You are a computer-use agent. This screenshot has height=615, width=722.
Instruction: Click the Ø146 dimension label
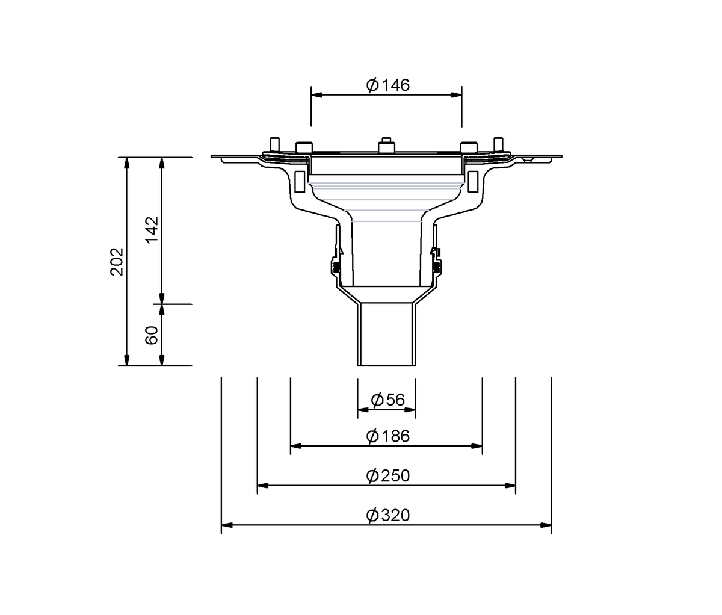pos(387,85)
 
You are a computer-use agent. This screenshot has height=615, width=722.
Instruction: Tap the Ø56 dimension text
pos(387,400)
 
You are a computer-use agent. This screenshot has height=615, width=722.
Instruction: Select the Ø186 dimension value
pos(387,436)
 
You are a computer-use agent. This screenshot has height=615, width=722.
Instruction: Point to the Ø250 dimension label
pos(387,475)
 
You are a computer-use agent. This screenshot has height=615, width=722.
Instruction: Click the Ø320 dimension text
pos(387,515)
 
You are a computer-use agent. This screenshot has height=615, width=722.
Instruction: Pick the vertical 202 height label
pos(117,262)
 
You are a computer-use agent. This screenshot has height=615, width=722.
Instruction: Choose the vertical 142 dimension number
pos(152,230)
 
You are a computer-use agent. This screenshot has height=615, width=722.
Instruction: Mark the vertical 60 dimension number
pos(152,335)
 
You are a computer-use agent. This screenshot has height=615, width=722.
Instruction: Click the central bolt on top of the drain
pos(386,145)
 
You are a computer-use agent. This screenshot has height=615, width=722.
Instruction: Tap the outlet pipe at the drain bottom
pos(386,335)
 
